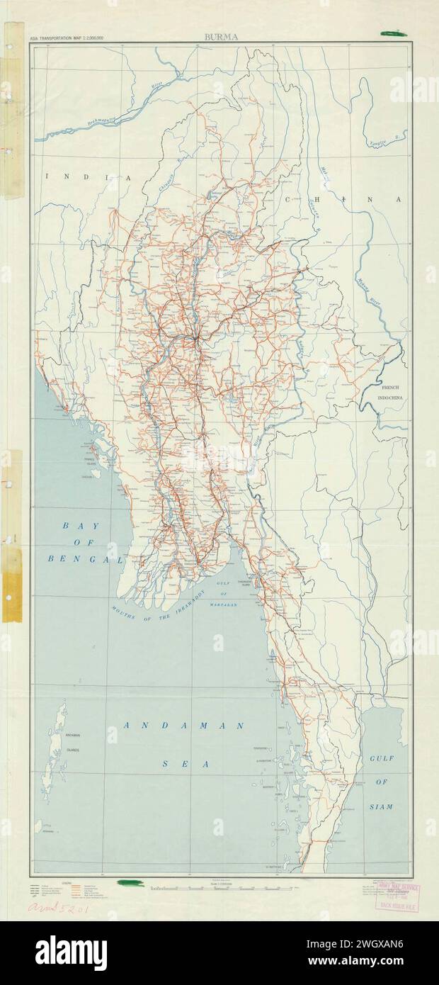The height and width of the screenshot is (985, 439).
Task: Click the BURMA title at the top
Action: coord(221,37)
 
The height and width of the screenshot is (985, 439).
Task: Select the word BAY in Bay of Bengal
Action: coord(77,526)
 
